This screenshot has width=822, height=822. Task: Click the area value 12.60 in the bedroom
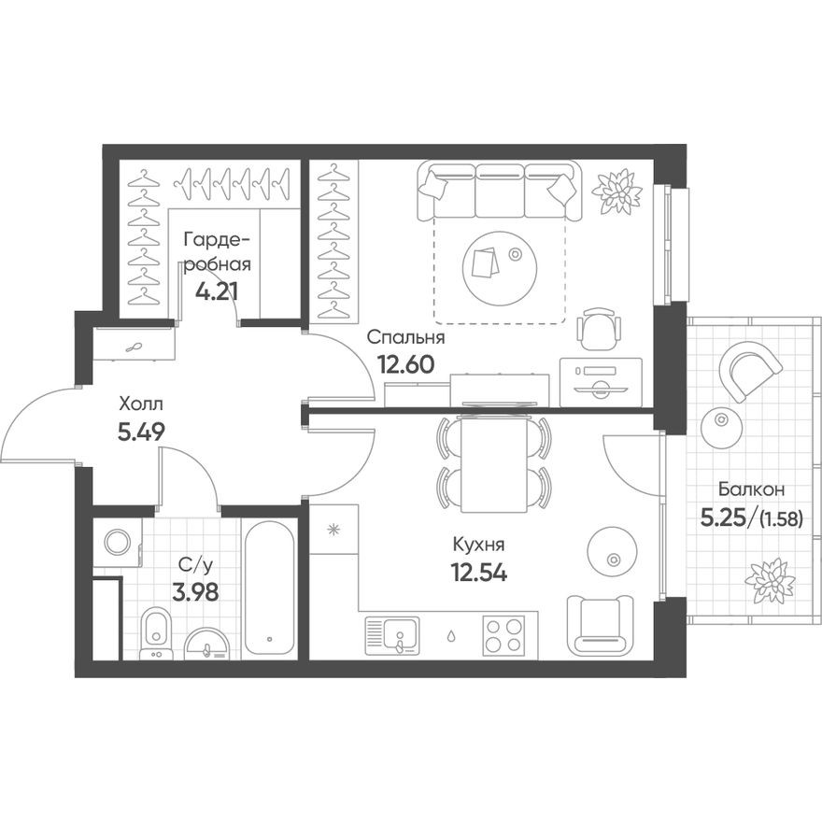coord(405,364)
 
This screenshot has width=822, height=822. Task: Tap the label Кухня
coord(479,545)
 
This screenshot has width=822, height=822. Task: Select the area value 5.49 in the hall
coord(140,433)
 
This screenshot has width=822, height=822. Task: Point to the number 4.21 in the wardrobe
coord(217,290)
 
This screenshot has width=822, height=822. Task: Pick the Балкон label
coord(751,489)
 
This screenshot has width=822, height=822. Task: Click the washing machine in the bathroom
coord(118,542)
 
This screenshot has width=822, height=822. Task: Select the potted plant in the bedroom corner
coord(616,191)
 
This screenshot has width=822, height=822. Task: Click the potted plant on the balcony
coord(770,581)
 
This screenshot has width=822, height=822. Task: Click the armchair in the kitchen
coord(600,623)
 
